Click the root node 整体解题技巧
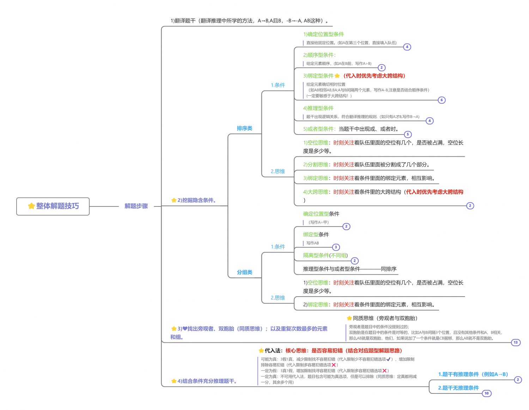pyautogui.click(x=53, y=206)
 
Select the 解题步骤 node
pyautogui.click(x=136, y=206)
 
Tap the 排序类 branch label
pyautogui.click(x=244, y=128)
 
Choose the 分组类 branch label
pyautogui.click(x=244, y=272)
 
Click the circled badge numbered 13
pyautogui.click(x=516, y=342)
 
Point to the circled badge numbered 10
pyautogui.click(x=487, y=393)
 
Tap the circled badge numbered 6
pyautogui.click(x=442, y=100)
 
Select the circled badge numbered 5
pyautogui.click(x=408, y=134)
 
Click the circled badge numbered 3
pyautogui.click(x=336, y=247)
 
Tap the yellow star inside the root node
pyautogui.click(x=31, y=206)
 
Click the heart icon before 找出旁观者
pyautogui.click(x=185, y=329)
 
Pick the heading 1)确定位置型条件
pyautogui.click(x=323, y=34)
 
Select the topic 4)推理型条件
pyautogui.click(x=318, y=108)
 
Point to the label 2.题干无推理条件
pyautogui.click(x=458, y=388)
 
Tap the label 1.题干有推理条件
pyautogui.click(x=473, y=374)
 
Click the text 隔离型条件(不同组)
pyautogui.click(x=325, y=255)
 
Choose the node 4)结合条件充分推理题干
pyautogui.click(x=207, y=381)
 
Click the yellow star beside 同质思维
pyautogui.click(x=349, y=318)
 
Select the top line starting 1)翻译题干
pyautogui.click(x=249, y=21)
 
